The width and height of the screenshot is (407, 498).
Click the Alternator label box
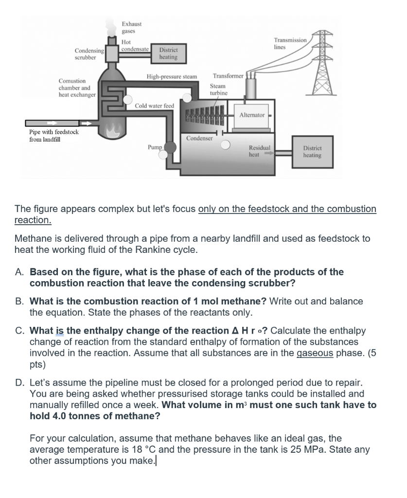coord(251,115)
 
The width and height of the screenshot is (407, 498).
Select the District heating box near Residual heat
coord(312,152)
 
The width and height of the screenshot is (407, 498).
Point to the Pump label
coord(154,146)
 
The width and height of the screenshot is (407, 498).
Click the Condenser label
coord(199,138)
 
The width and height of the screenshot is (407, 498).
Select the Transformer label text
coord(228,76)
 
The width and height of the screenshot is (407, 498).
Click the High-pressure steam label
coord(172,76)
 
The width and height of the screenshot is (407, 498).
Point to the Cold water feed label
coord(154,106)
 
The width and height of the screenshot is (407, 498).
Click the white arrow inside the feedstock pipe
coord(52,123)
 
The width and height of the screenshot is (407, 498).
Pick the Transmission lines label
coord(290,43)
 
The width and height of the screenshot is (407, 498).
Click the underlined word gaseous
coord(315,353)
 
